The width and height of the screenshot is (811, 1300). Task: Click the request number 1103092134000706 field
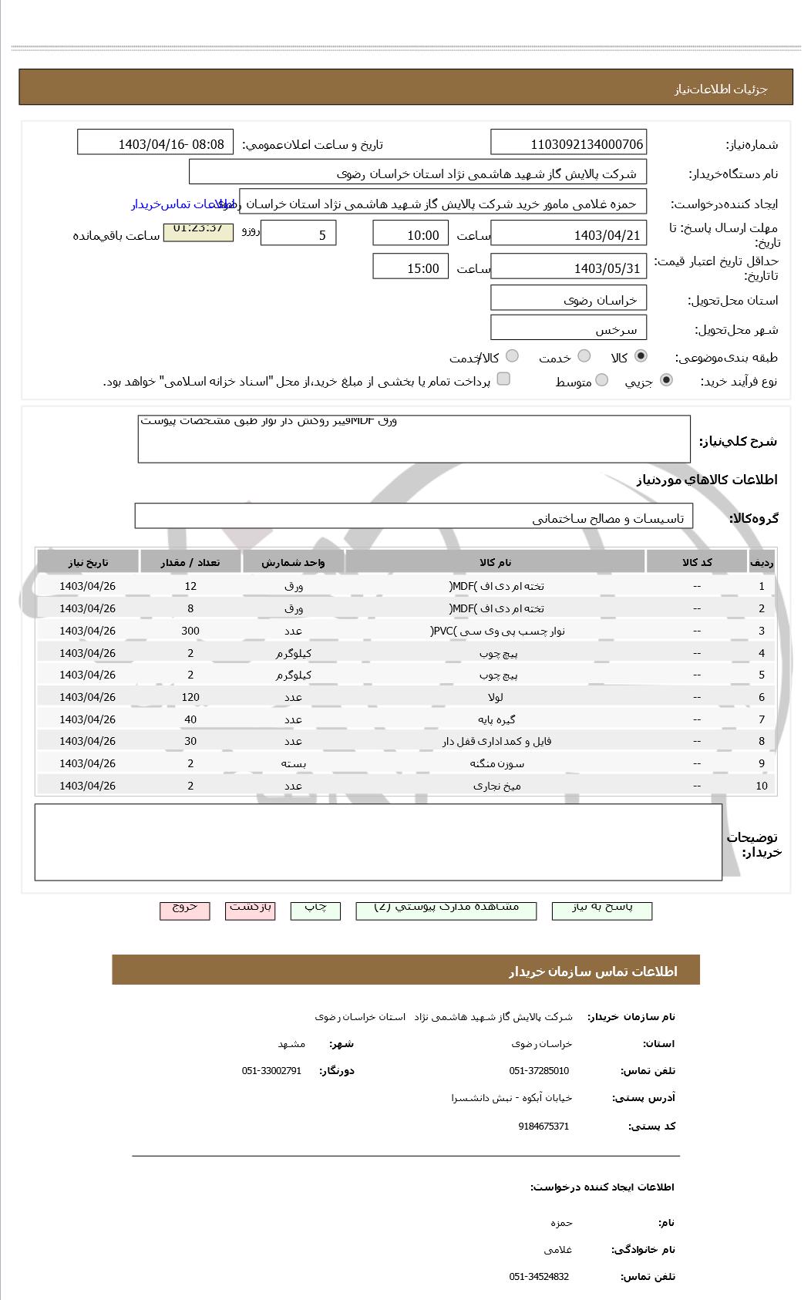[568, 143]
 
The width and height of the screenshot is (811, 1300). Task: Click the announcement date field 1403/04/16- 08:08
[155, 143]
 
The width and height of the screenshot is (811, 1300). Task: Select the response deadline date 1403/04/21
[568, 234]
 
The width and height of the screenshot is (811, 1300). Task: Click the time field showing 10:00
[410, 234]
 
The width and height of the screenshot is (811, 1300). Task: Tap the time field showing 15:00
[410, 267]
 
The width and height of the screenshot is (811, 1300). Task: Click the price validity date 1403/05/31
[568, 267]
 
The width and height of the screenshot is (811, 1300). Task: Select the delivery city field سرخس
[568, 328]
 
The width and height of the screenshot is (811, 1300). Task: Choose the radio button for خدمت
[584, 356]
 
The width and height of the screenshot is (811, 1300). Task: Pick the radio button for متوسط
[601, 380]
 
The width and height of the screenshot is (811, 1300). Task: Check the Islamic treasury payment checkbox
[503, 379]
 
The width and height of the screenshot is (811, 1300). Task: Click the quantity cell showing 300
[190, 631]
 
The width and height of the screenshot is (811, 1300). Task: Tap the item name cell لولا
[494, 697]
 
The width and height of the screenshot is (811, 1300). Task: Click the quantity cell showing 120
[190, 697]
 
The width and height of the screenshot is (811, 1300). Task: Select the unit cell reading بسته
[293, 763]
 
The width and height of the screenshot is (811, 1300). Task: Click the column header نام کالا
[494, 562]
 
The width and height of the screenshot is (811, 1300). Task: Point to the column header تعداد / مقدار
[190, 562]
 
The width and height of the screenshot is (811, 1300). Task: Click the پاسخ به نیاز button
[601, 909]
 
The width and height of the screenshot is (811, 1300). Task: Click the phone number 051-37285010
[539, 1071]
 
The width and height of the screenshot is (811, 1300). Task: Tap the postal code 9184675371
[543, 1127]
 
